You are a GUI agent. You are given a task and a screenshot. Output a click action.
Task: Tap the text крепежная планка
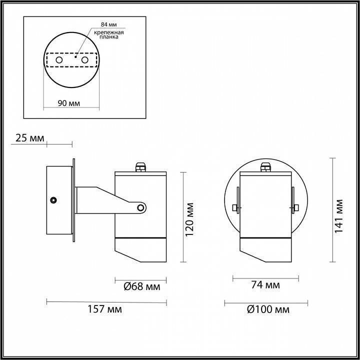[109, 35]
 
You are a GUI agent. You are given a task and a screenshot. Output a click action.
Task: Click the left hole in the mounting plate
[59, 60]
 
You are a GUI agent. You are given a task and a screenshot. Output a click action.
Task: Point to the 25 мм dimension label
[29, 137]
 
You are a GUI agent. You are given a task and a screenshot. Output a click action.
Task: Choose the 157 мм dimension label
[107, 309]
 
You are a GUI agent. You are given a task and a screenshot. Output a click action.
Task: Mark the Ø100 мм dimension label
[267, 309]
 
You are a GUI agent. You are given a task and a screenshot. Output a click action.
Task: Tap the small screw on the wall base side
[53, 200]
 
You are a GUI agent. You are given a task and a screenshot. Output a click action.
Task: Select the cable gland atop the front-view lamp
[265, 167]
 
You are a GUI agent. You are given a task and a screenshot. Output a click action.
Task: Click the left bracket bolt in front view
[235, 207]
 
